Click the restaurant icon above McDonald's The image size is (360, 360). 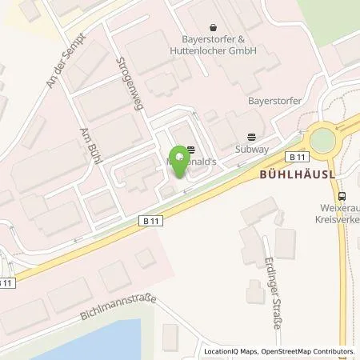pos(190,148)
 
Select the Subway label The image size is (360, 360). pos(252,149)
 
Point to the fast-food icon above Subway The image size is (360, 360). pos(252,136)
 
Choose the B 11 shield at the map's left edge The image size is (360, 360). pos(6,282)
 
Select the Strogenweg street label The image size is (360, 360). pos(129,86)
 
